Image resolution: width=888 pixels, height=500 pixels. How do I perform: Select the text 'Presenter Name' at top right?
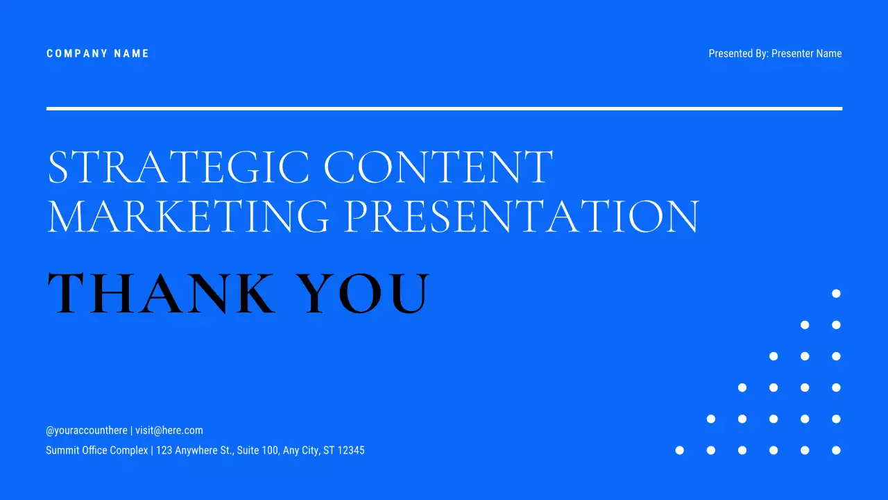tap(806, 53)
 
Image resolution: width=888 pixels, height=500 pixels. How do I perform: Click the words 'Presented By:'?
tap(738, 53)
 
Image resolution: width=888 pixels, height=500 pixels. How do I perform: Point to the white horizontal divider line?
tap(444, 108)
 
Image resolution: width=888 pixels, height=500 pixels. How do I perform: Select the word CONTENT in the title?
tap(438, 167)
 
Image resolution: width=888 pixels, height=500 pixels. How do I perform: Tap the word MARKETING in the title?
tap(188, 216)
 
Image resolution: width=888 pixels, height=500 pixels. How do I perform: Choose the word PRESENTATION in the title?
tap(521, 216)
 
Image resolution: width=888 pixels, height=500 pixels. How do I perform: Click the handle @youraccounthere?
tap(87, 431)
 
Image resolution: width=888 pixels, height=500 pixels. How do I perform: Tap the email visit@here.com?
tap(169, 431)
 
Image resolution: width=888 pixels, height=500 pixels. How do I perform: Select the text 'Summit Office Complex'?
tap(96, 451)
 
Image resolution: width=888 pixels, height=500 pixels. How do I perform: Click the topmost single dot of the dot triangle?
tap(836, 294)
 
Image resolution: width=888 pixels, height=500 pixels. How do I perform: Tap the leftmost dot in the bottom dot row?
tap(680, 450)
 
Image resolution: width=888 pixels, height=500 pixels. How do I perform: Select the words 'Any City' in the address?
tap(300, 451)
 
